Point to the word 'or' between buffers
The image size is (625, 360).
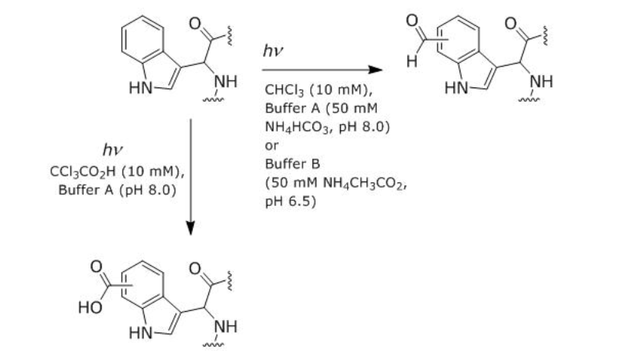(x=272, y=144)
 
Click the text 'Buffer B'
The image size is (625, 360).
(x=286, y=163)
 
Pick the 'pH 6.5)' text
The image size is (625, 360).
(x=286, y=202)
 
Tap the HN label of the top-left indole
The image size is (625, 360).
(x=140, y=89)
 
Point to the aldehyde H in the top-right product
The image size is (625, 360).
(x=412, y=63)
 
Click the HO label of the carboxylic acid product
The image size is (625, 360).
(x=90, y=309)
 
